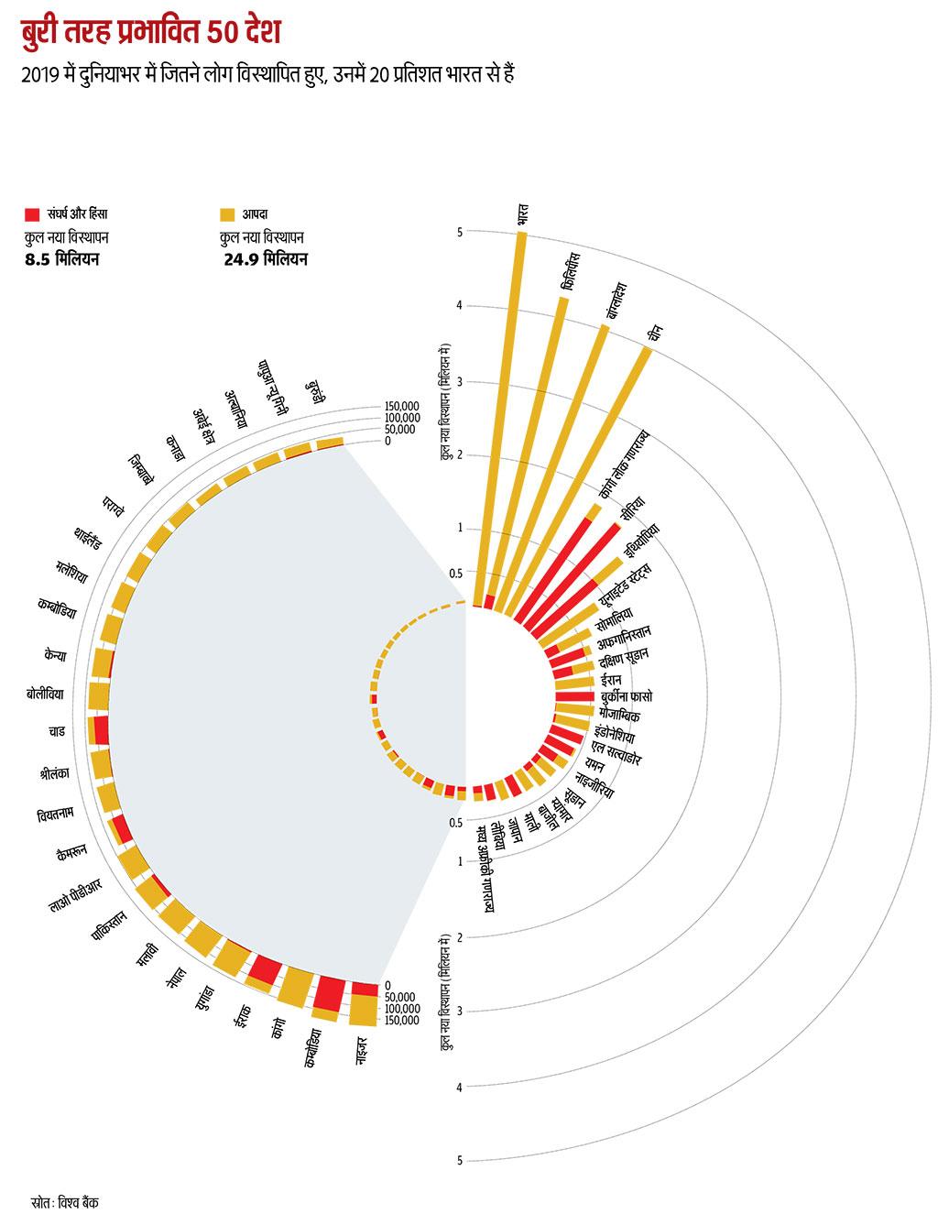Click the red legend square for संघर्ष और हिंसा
(32, 215)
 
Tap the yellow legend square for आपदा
(226, 215)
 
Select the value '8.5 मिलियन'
(62, 260)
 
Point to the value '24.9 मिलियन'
(267, 260)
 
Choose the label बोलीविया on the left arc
(46, 694)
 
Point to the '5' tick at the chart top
(460, 232)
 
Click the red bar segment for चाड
(102, 730)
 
